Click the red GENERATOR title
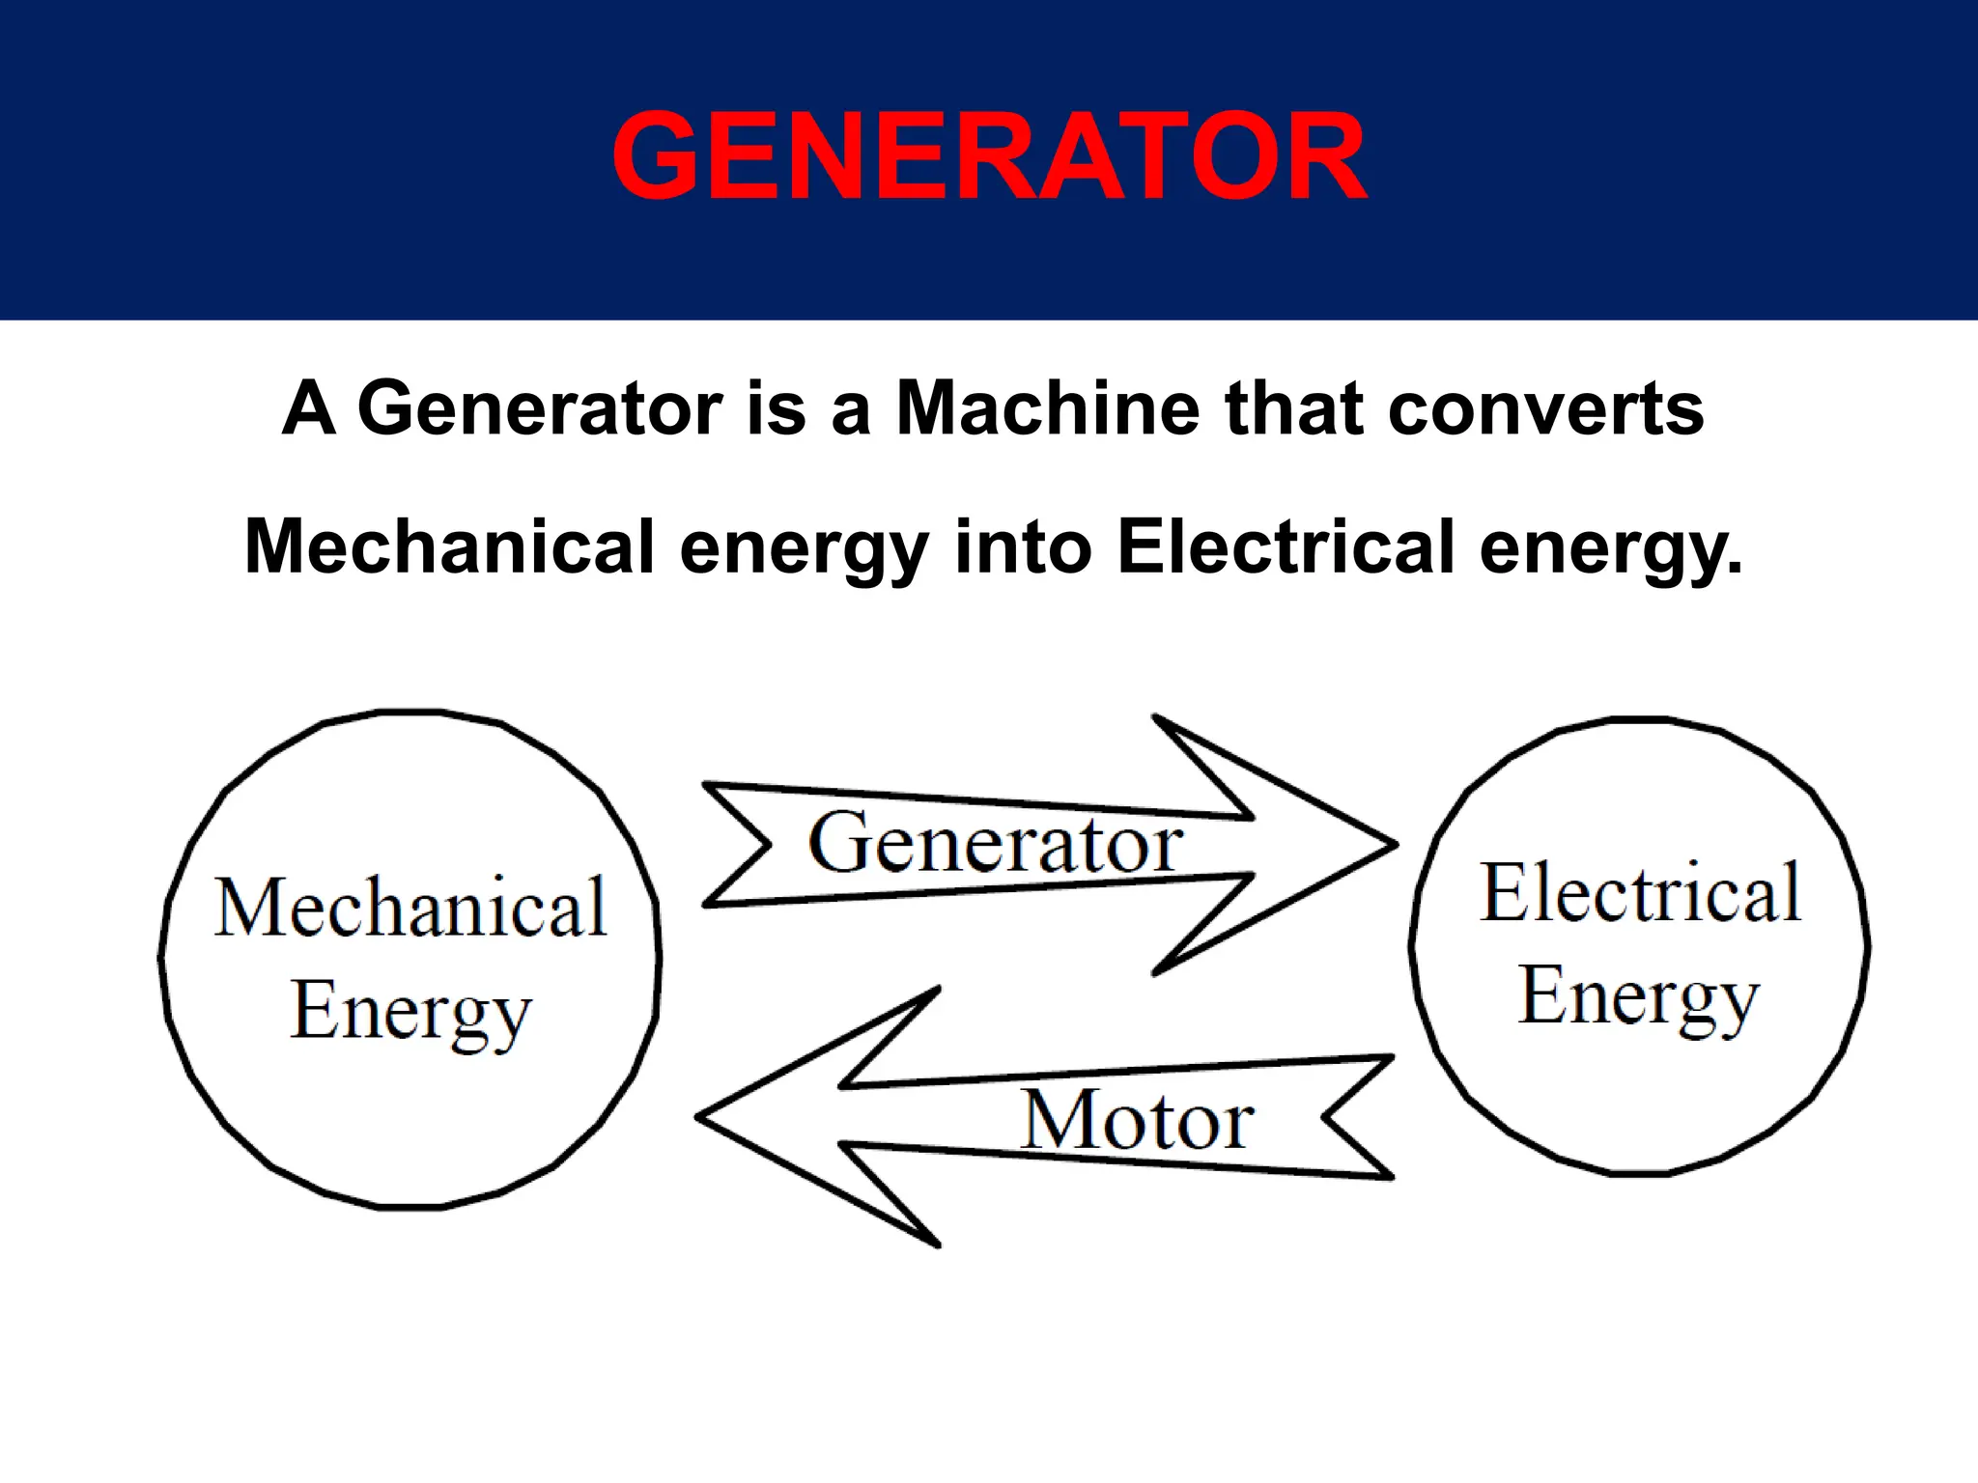(x=989, y=156)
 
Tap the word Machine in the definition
(x=1047, y=408)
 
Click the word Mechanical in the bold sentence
(x=449, y=546)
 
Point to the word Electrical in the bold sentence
(x=1285, y=546)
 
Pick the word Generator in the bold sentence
(x=540, y=408)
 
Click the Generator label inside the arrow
(x=995, y=843)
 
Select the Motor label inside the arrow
(x=1138, y=1120)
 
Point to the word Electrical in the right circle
(x=1640, y=893)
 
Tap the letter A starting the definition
(x=308, y=408)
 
